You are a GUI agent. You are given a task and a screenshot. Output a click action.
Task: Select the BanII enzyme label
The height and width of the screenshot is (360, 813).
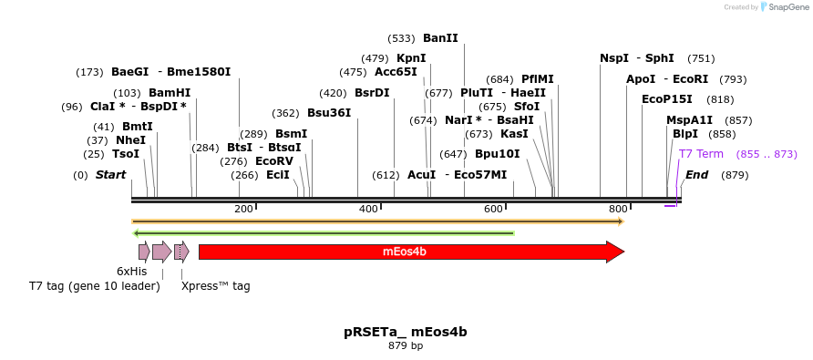[x=440, y=38]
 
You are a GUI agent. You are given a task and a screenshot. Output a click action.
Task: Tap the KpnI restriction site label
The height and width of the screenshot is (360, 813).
[x=411, y=58]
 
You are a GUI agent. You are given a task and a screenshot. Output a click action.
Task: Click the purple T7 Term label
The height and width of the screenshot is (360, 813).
[x=701, y=154]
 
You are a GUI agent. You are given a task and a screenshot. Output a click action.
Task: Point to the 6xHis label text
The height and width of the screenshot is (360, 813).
[x=131, y=272]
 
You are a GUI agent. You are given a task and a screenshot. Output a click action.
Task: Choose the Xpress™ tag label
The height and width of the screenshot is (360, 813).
[x=215, y=286]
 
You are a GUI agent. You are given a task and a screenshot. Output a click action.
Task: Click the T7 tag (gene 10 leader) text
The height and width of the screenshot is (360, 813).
[x=94, y=286]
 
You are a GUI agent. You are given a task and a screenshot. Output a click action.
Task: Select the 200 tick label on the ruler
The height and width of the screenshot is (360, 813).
[x=243, y=210]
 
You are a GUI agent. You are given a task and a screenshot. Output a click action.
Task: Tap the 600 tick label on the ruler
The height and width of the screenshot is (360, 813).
[x=493, y=210]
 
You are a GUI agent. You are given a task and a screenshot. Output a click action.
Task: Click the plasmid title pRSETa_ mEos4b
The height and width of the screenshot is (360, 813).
[x=406, y=332]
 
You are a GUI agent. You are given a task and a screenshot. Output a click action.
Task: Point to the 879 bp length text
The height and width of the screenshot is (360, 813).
[x=406, y=346]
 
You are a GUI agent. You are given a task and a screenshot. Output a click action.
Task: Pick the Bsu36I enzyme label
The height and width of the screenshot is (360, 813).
[x=328, y=113]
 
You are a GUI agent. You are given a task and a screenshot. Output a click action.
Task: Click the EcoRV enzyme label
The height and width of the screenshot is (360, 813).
[x=273, y=161]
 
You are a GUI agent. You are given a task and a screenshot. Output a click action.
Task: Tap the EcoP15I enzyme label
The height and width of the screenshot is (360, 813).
[x=667, y=99]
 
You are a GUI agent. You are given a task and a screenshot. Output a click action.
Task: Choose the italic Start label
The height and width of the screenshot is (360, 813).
[x=110, y=175]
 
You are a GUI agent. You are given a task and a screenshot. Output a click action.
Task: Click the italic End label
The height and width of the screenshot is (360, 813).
[x=696, y=175]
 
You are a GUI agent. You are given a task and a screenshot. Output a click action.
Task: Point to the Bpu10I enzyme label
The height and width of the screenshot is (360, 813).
[x=497, y=154]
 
